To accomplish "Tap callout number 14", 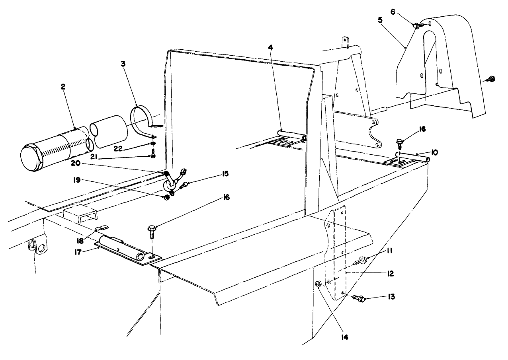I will (x=344, y=338).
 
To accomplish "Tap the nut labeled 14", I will (x=318, y=284).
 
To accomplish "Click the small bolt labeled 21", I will (x=153, y=155).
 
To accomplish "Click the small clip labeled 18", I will (x=102, y=228).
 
